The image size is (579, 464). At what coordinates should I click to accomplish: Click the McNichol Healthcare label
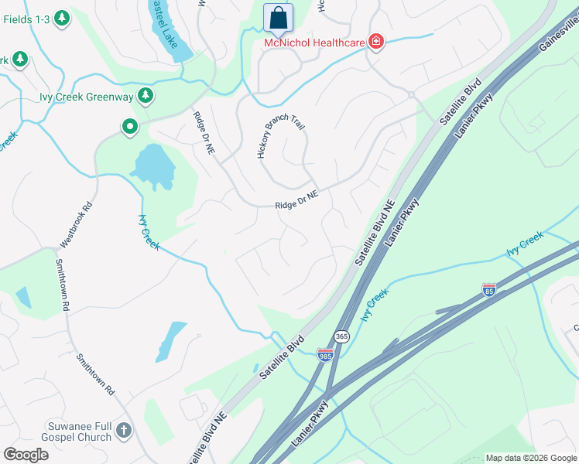(314, 43)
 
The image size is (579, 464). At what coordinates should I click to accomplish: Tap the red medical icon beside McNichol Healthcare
(376, 41)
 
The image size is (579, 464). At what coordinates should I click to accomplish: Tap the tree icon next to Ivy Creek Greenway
(145, 96)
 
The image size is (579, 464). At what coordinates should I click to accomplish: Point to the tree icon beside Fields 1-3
(61, 16)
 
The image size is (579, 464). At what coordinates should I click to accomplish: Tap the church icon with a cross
(124, 431)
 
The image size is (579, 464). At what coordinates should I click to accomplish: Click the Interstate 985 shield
(325, 354)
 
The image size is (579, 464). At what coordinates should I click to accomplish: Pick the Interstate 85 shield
(488, 290)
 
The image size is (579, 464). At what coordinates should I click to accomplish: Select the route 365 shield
(341, 336)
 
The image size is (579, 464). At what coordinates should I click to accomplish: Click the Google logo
(26, 454)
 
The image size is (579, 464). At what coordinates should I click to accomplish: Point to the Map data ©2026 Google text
(530, 458)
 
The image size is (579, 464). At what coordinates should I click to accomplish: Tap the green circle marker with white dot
(129, 126)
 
